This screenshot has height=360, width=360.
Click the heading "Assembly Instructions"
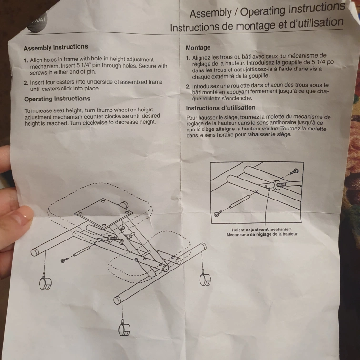tap(56, 47)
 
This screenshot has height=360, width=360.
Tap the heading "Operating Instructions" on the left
tap(57, 99)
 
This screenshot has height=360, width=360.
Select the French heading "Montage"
tap(198, 48)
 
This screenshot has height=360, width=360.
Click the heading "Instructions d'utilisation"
tap(220, 108)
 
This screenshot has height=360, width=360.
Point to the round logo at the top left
tap(37, 22)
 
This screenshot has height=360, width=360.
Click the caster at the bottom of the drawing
tap(124, 328)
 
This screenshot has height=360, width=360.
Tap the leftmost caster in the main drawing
tap(45, 282)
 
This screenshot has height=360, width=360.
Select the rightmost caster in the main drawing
tap(205, 279)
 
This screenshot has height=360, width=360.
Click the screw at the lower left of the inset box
tap(218, 213)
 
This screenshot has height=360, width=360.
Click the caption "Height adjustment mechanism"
tap(261, 230)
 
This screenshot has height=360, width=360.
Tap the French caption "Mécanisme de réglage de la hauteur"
tap(262, 234)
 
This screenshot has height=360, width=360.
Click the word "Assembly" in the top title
tap(210, 13)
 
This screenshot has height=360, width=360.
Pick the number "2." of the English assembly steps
tap(26, 83)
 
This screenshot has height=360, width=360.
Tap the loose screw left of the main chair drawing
tap(64, 260)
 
